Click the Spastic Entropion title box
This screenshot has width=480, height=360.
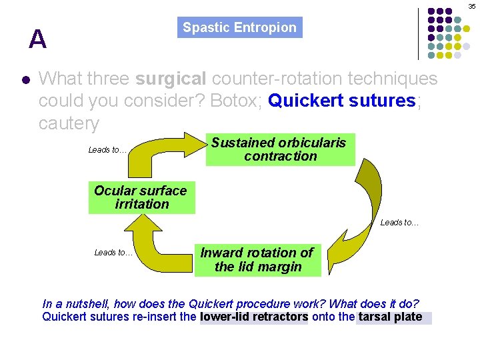(x=239, y=27)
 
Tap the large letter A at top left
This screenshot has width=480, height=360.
(x=38, y=40)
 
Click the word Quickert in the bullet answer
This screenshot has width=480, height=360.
(x=301, y=101)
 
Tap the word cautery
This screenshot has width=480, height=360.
(x=69, y=123)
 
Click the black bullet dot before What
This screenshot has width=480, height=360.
(x=25, y=79)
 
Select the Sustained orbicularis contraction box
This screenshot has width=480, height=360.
(x=280, y=149)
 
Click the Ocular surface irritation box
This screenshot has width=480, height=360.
(x=141, y=197)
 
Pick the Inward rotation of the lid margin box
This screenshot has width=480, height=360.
(x=257, y=260)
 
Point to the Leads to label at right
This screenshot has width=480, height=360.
(x=399, y=223)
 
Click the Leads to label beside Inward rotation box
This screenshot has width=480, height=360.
(x=113, y=252)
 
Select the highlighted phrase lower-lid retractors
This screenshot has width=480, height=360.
(x=254, y=317)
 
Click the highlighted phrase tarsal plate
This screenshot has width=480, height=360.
(x=391, y=317)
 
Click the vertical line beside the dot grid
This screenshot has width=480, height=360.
(x=418, y=33)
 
